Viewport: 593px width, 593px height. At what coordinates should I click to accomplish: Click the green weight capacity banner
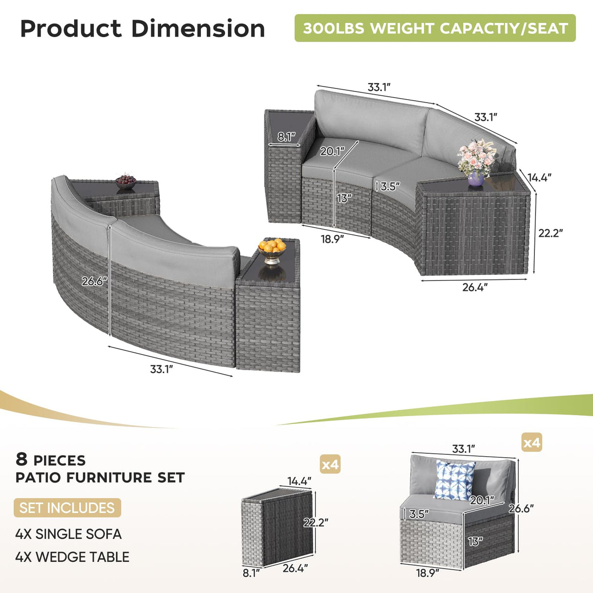[435, 28]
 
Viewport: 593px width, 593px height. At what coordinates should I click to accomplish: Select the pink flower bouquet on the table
[477, 157]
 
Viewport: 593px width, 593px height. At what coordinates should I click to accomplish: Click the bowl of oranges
[272, 248]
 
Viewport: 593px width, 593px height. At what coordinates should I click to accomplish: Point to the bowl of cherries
[126, 181]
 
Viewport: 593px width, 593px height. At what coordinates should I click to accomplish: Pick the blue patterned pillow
[454, 480]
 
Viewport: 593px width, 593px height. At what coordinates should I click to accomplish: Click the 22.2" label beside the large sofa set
[550, 233]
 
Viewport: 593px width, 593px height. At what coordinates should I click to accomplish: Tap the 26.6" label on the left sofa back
[94, 281]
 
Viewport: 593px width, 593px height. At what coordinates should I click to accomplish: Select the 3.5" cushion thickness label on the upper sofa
[390, 186]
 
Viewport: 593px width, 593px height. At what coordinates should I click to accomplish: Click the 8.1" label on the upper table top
[286, 137]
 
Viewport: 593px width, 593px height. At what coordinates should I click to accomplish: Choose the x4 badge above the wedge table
[330, 464]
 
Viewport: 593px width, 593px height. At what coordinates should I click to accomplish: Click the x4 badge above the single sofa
[532, 443]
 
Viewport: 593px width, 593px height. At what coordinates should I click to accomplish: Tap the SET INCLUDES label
[67, 508]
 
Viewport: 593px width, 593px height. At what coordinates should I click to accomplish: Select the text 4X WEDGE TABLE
[72, 557]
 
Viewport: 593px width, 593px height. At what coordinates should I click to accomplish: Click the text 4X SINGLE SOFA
[68, 534]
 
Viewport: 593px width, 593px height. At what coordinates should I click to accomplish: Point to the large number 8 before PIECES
[21, 459]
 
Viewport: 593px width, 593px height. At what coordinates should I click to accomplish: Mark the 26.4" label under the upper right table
[475, 287]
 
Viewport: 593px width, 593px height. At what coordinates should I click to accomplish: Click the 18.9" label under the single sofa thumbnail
[427, 573]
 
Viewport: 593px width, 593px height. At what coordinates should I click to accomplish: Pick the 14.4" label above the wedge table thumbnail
[299, 481]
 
